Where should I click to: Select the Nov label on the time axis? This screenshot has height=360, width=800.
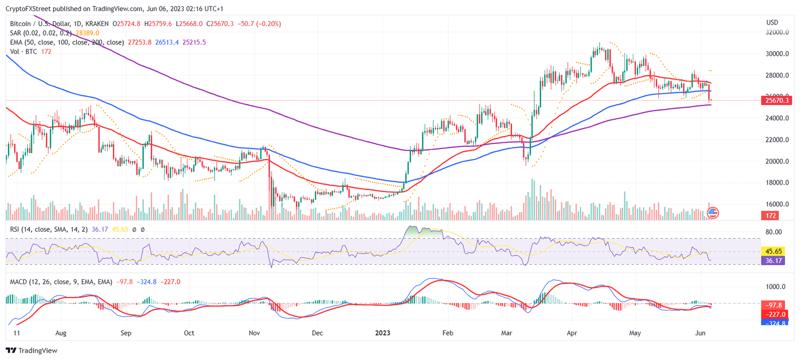[254, 332]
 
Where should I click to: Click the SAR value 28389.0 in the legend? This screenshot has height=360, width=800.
[87, 33]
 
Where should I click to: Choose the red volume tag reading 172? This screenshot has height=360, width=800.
[771, 215]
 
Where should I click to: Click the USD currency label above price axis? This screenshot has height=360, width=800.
[772, 22]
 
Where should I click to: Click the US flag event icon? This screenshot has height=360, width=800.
[713, 213]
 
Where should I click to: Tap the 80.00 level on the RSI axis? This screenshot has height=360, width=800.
[773, 232]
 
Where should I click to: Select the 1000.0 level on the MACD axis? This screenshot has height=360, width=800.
[775, 287]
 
